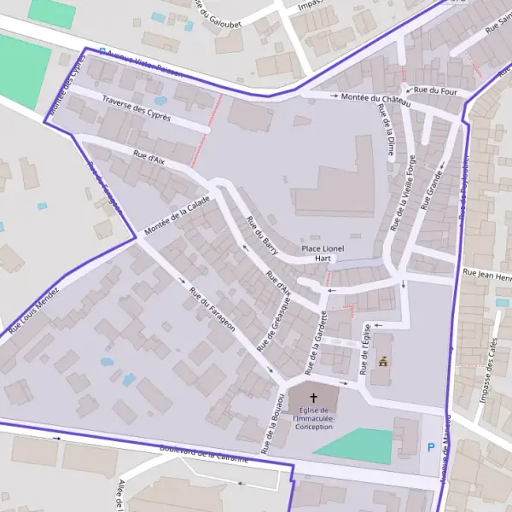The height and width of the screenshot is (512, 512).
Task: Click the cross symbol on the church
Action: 313,398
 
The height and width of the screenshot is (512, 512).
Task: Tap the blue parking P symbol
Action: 431,446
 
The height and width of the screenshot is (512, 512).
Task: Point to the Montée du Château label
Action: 376,100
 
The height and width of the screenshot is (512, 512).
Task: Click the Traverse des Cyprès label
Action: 137,108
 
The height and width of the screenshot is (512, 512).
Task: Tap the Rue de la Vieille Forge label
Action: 403,193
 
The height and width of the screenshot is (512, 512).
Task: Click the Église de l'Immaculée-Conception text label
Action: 312,418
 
